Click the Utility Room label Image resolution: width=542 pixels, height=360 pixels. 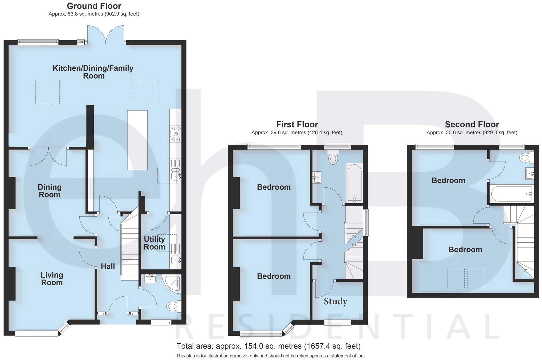(154, 243)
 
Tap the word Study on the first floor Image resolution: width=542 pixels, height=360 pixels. (335, 301)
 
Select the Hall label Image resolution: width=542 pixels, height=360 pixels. (108, 266)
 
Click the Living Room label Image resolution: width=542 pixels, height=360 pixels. (52, 279)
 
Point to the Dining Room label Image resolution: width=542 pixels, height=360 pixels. (49, 191)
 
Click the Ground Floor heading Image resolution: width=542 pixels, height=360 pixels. (94, 6)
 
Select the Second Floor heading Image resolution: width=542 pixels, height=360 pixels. (472, 124)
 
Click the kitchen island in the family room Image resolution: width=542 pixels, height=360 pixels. (137, 140)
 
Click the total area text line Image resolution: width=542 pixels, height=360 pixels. (268, 346)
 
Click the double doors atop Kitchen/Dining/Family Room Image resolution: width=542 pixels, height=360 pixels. (106, 35)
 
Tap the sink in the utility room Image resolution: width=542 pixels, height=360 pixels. (175, 260)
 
